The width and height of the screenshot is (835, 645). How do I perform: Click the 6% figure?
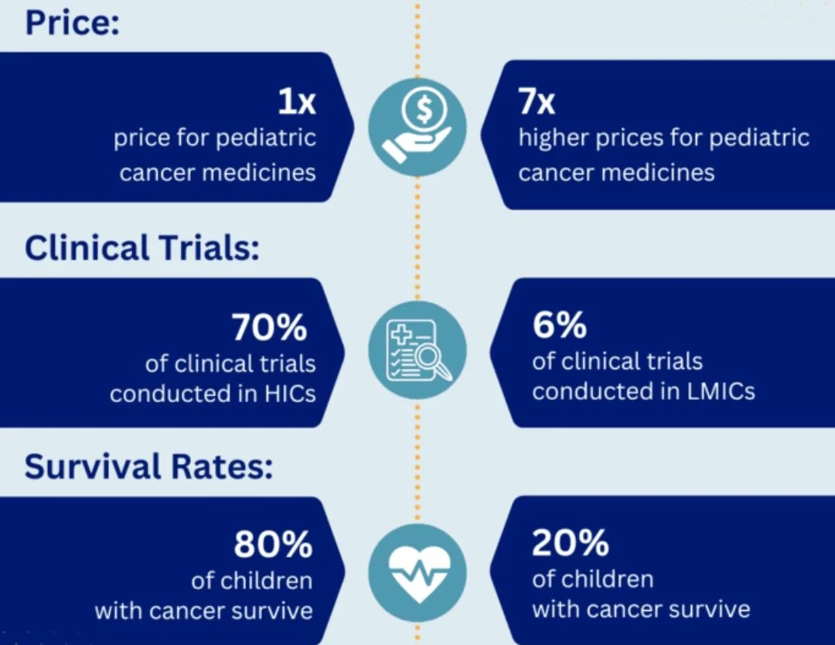pyautogui.click(x=559, y=326)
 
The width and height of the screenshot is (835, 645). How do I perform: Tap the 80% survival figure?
pyautogui.click(x=273, y=545)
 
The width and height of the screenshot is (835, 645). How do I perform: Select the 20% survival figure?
pyautogui.click(x=570, y=544)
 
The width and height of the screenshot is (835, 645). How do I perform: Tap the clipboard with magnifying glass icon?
pyautogui.click(x=417, y=350)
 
